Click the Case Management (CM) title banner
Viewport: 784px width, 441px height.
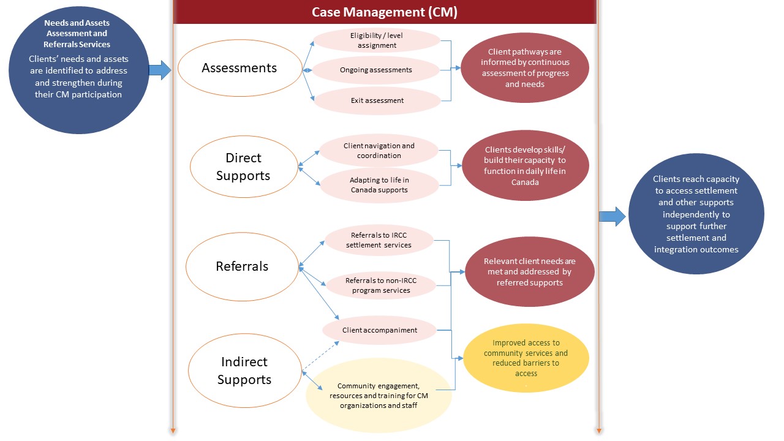[x=384, y=12]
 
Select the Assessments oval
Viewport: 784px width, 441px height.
[x=239, y=68]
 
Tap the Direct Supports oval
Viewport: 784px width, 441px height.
[x=243, y=167]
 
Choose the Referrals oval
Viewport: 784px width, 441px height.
[x=242, y=266]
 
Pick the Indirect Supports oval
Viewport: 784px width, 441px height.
[x=244, y=371]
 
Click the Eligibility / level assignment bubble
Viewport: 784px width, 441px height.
[x=377, y=40]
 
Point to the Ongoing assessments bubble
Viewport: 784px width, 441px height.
[x=376, y=70]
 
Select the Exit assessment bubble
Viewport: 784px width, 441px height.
[x=377, y=100]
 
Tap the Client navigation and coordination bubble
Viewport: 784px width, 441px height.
[x=379, y=151]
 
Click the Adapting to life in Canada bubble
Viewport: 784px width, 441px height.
[x=379, y=185]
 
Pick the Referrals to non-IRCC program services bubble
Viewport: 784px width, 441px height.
[x=381, y=285]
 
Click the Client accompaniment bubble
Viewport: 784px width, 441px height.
[x=380, y=330]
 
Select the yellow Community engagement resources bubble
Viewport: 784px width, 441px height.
[x=379, y=396]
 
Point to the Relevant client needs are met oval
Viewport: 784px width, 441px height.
[x=529, y=271]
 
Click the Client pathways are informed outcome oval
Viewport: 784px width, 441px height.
[x=525, y=68]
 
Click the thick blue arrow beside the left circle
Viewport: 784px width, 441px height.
[x=160, y=70]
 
